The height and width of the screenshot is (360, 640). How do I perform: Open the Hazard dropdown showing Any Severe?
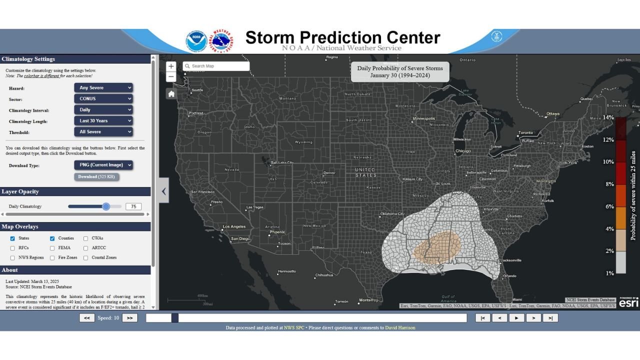coord(103,87)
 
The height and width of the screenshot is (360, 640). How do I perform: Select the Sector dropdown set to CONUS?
coord(103,98)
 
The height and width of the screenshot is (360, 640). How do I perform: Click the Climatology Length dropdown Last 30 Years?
coord(103,120)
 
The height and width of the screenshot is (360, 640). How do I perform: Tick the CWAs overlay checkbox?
coord(86,238)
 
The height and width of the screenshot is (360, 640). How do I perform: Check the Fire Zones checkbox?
coord(52,258)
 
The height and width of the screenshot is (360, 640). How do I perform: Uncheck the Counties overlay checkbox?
coord(52,238)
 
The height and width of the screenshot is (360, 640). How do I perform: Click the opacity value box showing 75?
coord(133,206)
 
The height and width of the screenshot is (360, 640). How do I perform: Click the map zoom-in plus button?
coord(171,66)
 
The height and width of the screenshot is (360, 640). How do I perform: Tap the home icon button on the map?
coord(171,94)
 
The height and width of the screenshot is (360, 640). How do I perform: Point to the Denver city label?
coord(329,173)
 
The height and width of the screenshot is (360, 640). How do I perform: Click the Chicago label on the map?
coord(462,151)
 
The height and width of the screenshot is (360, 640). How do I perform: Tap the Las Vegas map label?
coord(254,207)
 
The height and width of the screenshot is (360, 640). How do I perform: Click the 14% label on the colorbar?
coord(608,117)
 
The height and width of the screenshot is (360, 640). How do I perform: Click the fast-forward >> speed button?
coord(129,317)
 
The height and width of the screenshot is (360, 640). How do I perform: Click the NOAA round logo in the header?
coord(196,41)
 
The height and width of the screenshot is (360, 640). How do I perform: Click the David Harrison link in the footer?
coord(400,328)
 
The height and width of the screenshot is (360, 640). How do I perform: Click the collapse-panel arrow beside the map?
coord(163,191)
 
